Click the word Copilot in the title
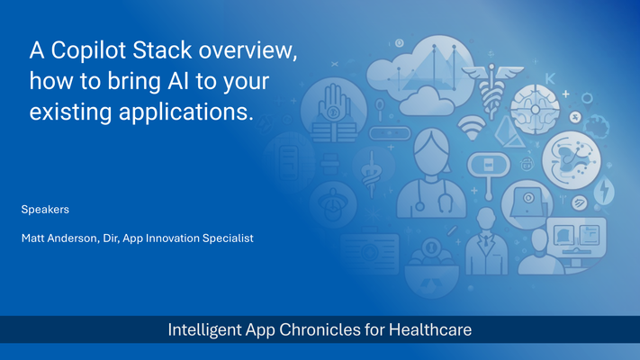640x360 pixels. click(88, 50)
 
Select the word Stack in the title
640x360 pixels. click(162, 50)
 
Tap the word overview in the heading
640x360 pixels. click(248, 50)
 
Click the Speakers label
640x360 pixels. click(45, 210)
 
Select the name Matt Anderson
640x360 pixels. click(60, 238)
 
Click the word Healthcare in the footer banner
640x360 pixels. click(429, 329)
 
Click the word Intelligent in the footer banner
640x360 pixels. click(204, 330)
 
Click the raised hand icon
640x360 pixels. click(334, 103)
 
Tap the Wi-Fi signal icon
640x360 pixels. click(472, 127)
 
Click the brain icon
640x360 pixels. click(535, 110)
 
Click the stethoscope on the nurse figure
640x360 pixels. click(434, 196)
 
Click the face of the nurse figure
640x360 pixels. click(431, 152)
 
